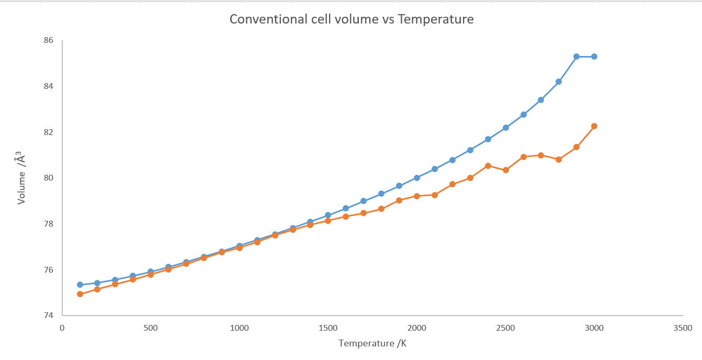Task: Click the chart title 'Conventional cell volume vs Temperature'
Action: pos(352,20)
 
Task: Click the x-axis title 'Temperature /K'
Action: pos(372,344)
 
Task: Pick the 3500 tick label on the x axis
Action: pos(683,328)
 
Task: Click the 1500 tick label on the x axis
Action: pos(328,328)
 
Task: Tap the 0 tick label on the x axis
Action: pos(62,328)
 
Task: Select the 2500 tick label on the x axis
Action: pos(505,328)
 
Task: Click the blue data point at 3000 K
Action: pos(594,57)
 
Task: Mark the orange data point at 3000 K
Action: pos(594,126)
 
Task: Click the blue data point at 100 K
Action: pos(80,285)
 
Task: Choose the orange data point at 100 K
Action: pos(80,294)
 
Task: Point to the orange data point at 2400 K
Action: pos(488,166)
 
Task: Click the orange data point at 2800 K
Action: pos(559,160)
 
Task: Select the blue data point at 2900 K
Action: pos(576,57)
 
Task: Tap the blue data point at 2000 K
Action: pos(417,178)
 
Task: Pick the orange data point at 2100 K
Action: pos(435,195)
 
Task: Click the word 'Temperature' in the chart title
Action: pos(436,20)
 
